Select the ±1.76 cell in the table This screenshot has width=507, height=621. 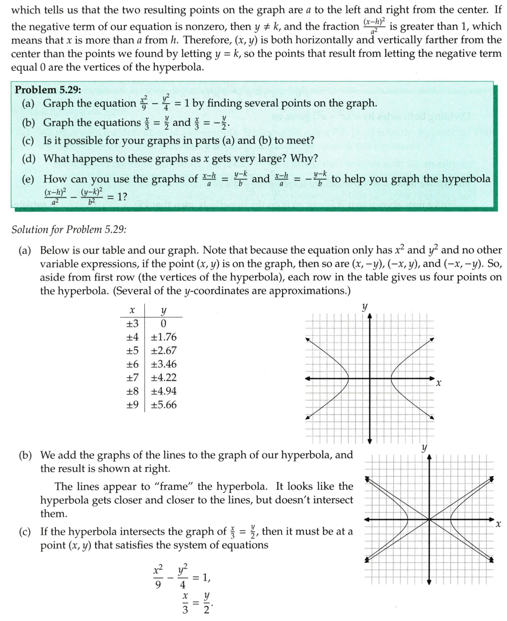(x=164, y=337)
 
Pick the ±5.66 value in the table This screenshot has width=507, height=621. (x=164, y=405)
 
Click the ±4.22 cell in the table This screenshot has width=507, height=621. (x=164, y=378)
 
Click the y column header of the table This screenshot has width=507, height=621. (x=163, y=310)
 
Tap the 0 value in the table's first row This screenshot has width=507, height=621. (x=163, y=323)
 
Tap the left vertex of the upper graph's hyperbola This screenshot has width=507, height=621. (x=348, y=378)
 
